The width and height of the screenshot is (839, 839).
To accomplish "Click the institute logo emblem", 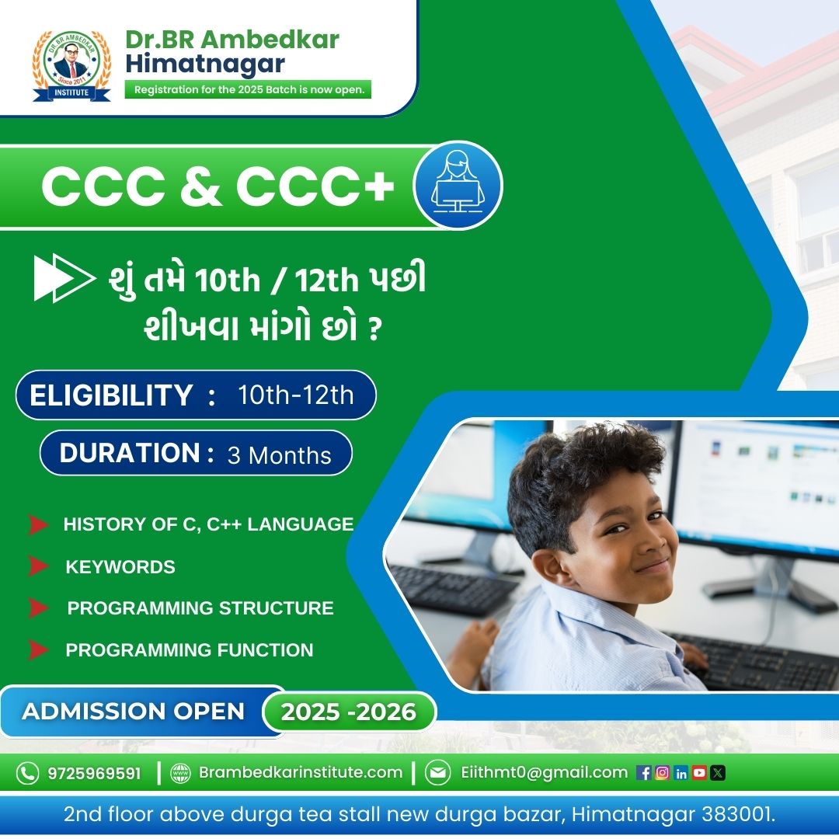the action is pyautogui.click(x=71, y=65).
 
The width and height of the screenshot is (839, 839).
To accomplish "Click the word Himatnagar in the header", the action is pyautogui.click(x=205, y=64).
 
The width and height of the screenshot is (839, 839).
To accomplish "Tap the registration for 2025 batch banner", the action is pyautogui.click(x=248, y=89).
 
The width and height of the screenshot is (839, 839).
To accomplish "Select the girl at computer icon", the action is pyautogui.click(x=458, y=185).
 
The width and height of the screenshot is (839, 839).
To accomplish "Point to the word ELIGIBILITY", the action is pyautogui.click(x=111, y=395).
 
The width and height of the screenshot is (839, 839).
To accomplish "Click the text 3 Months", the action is pyautogui.click(x=280, y=455).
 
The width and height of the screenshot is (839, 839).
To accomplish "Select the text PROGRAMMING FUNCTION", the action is pyautogui.click(x=190, y=649).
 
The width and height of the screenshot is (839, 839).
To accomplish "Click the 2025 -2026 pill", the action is pyautogui.click(x=349, y=712).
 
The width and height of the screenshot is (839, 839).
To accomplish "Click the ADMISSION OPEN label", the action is pyautogui.click(x=134, y=711).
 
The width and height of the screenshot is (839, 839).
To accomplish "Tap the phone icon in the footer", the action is pyautogui.click(x=27, y=773).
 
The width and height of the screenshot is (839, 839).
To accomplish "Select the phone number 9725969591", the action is pyautogui.click(x=94, y=773).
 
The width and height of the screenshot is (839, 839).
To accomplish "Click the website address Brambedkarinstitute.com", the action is pyautogui.click(x=301, y=772).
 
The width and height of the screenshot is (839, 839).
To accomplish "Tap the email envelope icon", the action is pyautogui.click(x=437, y=773).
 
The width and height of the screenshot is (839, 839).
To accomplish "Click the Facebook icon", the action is pyautogui.click(x=644, y=773).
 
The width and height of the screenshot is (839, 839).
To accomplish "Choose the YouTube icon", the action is pyautogui.click(x=699, y=773).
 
